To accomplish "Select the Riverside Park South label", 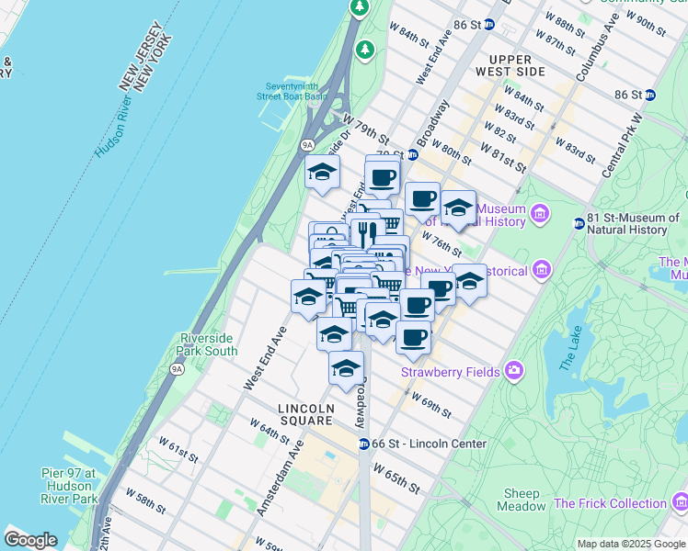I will click(208, 343).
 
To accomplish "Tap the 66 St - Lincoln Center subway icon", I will click(364, 444).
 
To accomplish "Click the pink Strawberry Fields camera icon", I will click(513, 371).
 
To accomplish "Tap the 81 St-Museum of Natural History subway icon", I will click(579, 222).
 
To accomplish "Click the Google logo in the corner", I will click(30, 540).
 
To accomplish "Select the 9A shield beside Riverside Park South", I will click(177, 369).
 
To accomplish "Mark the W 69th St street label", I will click(431, 405).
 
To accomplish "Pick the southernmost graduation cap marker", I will click(345, 369).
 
